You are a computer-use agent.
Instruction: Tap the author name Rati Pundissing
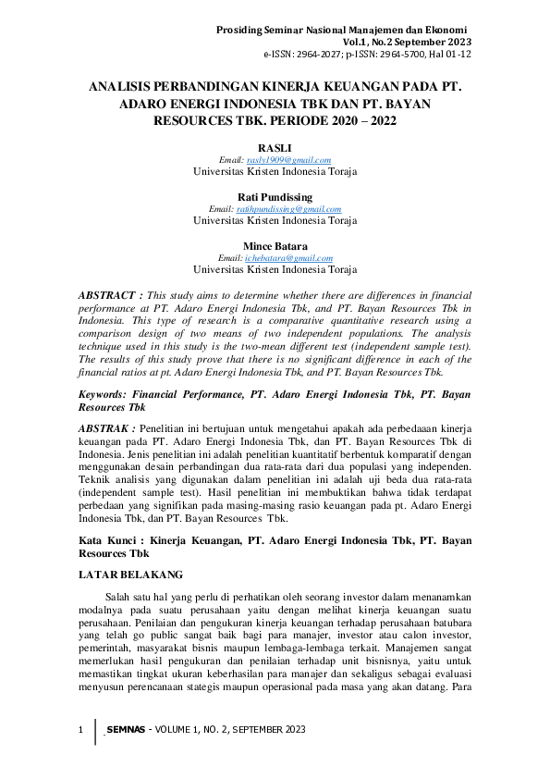(x=275, y=197)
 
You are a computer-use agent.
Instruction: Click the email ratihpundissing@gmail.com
(x=288, y=209)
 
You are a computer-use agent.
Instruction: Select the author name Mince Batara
(x=275, y=246)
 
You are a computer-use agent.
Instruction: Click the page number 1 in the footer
(x=80, y=731)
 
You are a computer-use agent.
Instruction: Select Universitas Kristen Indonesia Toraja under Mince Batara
(x=275, y=269)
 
